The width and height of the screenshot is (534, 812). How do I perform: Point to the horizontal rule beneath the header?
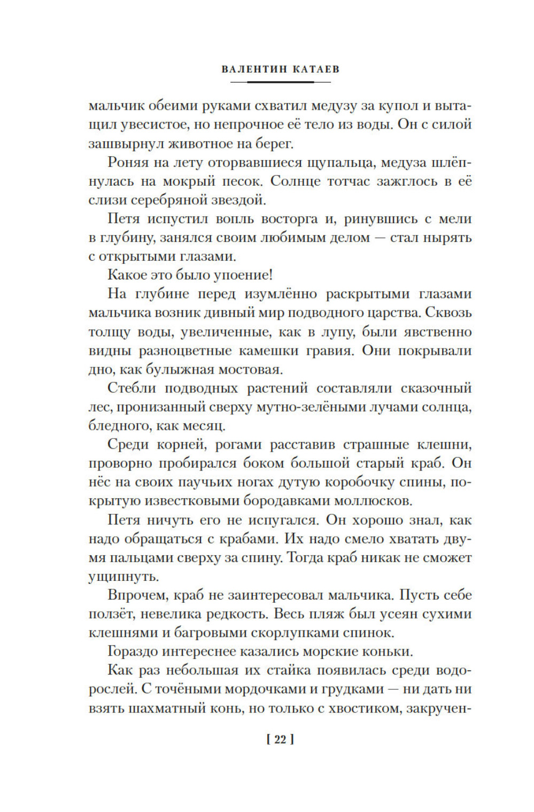(x=280, y=82)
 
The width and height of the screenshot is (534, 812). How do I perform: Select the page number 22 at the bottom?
(x=280, y=740)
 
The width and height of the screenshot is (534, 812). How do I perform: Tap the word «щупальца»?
(x=347, y=162)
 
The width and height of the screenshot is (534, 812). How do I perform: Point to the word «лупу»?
(x=337, y=332)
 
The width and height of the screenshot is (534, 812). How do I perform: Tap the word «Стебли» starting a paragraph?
(x=133, y=388)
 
